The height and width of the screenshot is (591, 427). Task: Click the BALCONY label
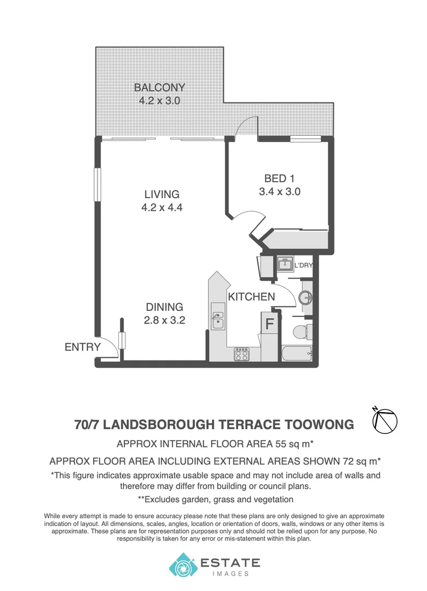(160, 88)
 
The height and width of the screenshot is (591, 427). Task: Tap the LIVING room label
(162, 194)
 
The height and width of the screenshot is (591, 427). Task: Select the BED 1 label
(280, 178)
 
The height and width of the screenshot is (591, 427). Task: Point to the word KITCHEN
(251, 297)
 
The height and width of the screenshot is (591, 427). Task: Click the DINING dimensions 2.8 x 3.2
(164, 321)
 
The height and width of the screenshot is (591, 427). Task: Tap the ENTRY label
(83, 347)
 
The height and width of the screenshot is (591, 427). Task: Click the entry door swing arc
(109, 346)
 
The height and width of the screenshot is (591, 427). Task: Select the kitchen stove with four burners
(242, 355)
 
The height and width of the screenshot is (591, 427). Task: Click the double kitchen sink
(218, 320)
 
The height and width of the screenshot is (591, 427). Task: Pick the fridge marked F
(269, 323)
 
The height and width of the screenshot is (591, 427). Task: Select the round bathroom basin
(305, 298)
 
